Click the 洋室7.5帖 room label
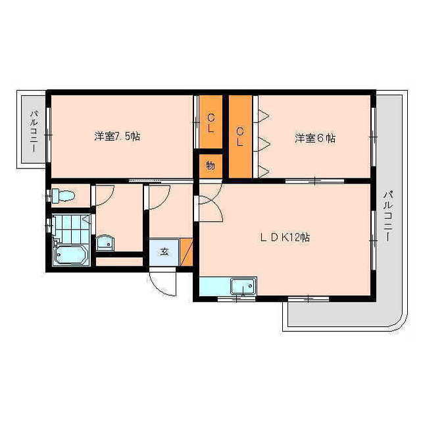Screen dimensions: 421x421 click(x=117, y=136)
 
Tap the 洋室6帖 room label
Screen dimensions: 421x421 click(x=315, y=139)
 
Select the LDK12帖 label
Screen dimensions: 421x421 click(x=285, y=237)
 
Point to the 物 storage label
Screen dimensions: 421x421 click(x=210, y=165)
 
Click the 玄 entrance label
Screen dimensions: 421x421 click(x=164, y=252)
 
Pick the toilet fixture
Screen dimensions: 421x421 click(x=63, y=196)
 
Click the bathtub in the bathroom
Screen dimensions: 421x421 click(x=71, y=255)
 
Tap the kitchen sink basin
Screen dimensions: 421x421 click(x=243, y=287)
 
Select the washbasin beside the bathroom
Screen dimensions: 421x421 click(x=105, y=243)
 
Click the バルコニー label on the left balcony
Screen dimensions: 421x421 click(x=34, y=131)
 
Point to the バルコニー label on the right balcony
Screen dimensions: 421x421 click(x=387, y=216)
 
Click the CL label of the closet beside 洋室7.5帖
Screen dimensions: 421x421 click(x=211, y=123)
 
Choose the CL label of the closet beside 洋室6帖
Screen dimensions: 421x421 click(x=240, y=136)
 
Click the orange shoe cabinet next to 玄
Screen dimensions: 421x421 click(x=186, y=252)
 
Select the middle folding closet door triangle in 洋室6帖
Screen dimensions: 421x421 click(x=262, y=144)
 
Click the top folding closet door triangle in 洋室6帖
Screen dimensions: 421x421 click(x=262, y=116)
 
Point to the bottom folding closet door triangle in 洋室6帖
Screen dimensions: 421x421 click(x=262, y=171)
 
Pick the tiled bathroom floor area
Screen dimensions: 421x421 click(x=72, y=229)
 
